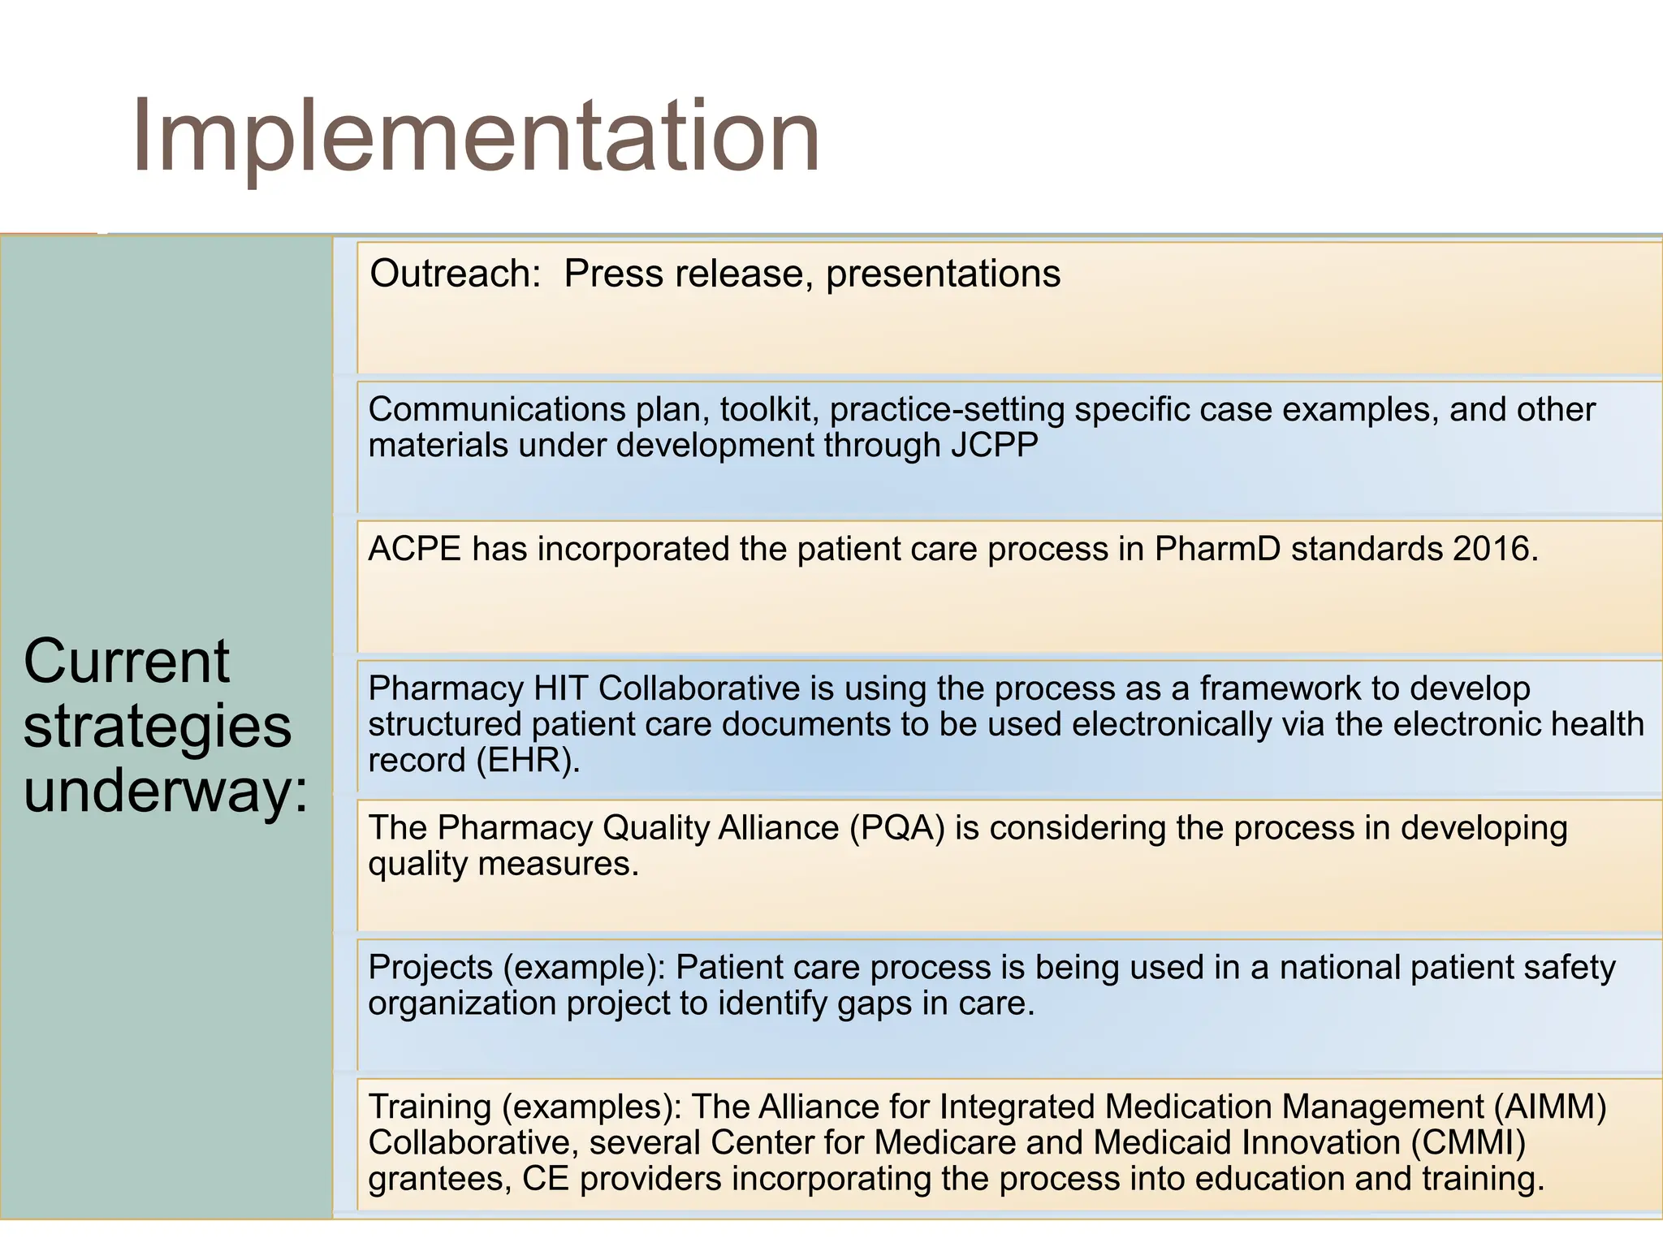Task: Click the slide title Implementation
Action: point(475,136)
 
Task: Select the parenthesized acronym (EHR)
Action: point(529,761)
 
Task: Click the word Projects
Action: point(430,968)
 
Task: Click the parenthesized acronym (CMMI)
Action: point(1468,1143)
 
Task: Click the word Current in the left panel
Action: point(127,661)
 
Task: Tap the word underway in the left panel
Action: point(166,791)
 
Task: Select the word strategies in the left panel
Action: point(157,727)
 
